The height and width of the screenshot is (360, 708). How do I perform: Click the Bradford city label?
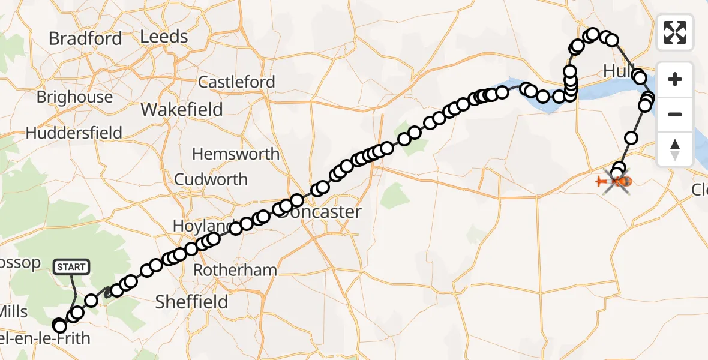point(85,38)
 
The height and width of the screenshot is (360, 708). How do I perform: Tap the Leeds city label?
point(164,37)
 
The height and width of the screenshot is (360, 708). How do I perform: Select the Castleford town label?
point(236,82)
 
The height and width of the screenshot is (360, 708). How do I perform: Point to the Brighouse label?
point(74,97)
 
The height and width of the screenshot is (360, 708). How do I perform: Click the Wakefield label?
point(181,110)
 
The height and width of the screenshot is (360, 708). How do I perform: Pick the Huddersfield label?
point(74,133)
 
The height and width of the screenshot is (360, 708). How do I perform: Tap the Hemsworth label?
point(236,154)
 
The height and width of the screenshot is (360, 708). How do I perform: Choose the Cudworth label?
point(211,179)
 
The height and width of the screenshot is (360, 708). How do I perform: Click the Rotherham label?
point(235,270)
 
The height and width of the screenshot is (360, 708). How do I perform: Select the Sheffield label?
point(191,302)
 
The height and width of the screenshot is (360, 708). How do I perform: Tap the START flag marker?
point(71,266)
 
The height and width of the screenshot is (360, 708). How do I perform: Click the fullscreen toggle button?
point(675,32)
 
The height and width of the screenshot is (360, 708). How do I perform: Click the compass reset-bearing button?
point(675,149)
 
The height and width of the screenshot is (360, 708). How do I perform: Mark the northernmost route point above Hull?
point(593,34)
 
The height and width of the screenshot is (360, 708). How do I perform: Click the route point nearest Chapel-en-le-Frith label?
point(59,326)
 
